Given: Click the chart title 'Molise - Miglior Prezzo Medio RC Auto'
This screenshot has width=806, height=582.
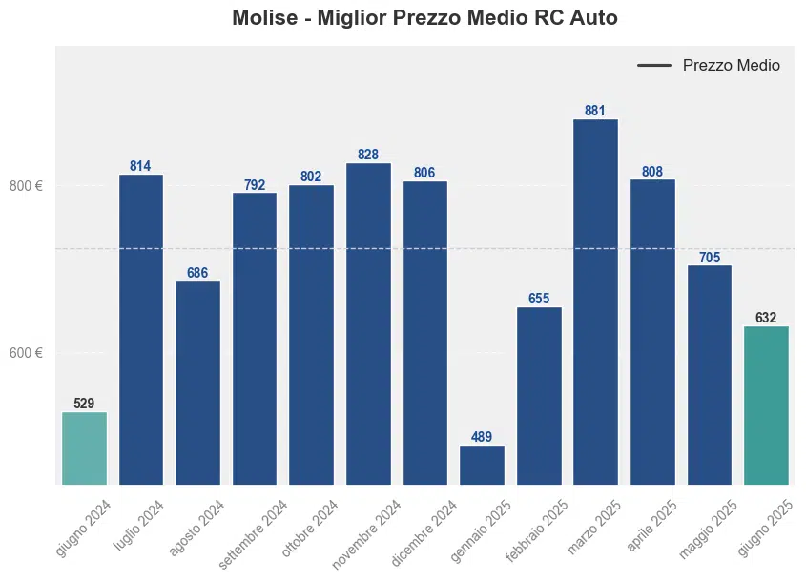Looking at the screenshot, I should [424, 18].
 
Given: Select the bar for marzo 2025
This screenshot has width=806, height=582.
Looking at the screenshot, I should [595, 301].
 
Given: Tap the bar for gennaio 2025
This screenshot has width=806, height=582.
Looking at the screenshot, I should [482, 465].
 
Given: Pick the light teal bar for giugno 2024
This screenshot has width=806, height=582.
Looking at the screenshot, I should [84, 447].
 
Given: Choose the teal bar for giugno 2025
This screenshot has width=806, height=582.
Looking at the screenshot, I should [766, 405].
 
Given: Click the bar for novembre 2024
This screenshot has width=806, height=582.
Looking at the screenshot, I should [368, 323].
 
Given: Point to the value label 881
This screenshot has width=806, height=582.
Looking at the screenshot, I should [595, 111].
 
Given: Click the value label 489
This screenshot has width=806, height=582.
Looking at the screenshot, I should [482, 437].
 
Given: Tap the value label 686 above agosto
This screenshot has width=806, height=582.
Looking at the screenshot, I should [197, 273].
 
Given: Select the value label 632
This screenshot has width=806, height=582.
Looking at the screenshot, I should [766, 318].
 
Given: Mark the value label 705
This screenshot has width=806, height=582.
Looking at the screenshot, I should [710, 257].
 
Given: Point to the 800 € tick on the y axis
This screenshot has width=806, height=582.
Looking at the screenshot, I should [27, 186].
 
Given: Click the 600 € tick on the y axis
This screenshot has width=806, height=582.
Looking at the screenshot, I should [27, 353].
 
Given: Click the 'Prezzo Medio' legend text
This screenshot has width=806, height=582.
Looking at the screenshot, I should [732, 66].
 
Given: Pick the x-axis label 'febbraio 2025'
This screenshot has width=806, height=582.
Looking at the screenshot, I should [538, 532].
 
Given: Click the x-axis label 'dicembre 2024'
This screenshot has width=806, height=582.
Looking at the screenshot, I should [424, 532].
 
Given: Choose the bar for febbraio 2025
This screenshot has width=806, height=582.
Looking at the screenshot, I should [539, 395].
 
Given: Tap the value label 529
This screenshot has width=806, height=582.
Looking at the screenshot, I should [84, 404].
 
